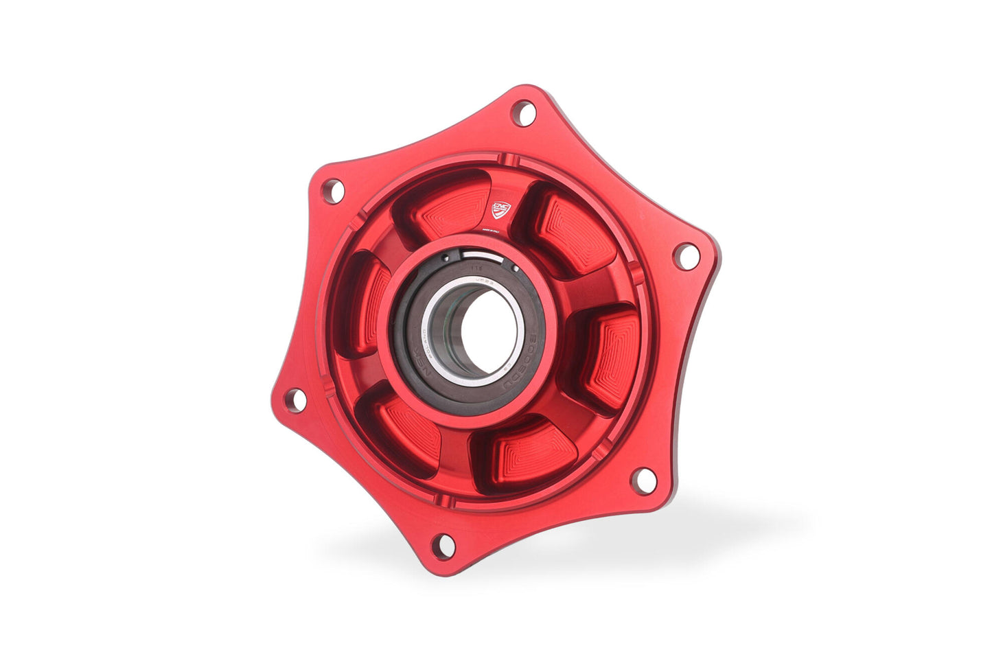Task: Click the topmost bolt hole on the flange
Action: (523, 113)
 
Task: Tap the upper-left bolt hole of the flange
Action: (332, 190)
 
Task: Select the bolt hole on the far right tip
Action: (686, 256)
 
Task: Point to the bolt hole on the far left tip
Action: (295, 399)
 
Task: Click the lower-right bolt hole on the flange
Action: (643, 480)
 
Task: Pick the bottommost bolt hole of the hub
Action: (444, 545)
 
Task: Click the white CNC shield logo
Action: (502, 209)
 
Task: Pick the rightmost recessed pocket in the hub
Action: (607, 357)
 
